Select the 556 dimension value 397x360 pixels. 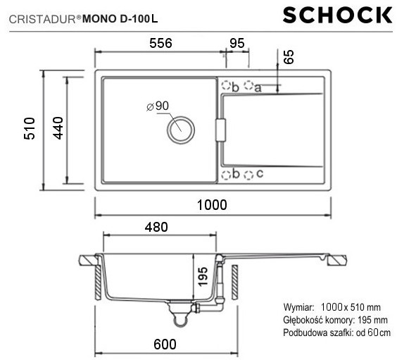point(160,44)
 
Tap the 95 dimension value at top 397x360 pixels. point(237,44)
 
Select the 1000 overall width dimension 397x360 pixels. point(212,205)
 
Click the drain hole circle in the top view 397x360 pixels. point(179,128)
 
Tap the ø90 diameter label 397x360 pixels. point(159,106)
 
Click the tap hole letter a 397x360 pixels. point(258,87)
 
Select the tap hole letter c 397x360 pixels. point(260,173)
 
